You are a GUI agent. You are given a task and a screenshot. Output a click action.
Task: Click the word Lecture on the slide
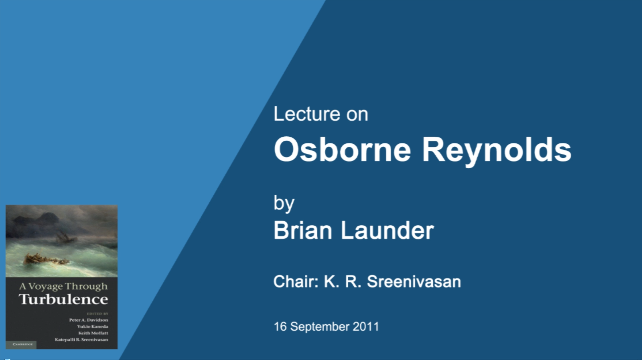coord(307,114)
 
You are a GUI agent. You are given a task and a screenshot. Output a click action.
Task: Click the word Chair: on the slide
coord(296,281)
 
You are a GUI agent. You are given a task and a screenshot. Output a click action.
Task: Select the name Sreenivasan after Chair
coord(414,281)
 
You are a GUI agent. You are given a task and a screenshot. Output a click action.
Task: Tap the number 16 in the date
coord(280,327)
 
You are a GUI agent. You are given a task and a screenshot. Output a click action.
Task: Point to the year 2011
coord(366,327)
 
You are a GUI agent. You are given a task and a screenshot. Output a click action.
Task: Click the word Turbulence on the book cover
coord(63,299)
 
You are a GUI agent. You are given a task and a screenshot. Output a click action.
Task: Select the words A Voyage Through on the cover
coord(63,287)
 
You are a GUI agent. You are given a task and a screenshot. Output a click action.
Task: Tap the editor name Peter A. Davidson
coord(88,320)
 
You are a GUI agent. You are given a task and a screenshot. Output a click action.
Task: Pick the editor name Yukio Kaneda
coord(92,327)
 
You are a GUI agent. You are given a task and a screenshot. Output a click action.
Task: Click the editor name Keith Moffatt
coord(93,333)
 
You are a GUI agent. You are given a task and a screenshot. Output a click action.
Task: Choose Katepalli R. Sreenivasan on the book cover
coord(81,340)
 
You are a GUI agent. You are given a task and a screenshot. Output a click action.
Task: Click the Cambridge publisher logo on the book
coord(22,344)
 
